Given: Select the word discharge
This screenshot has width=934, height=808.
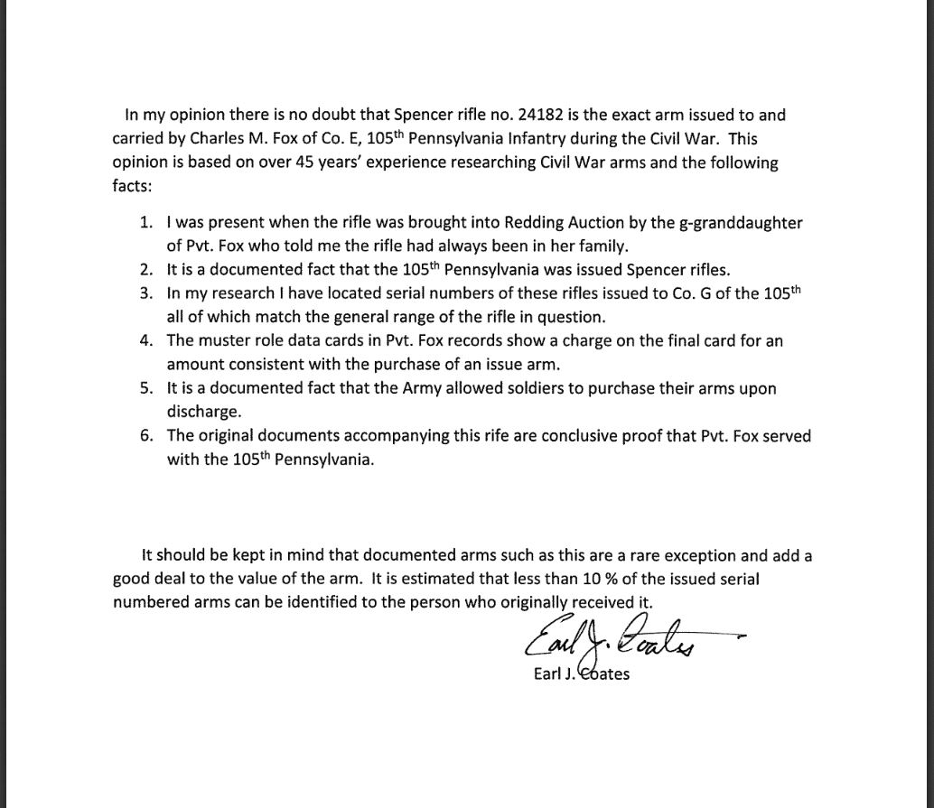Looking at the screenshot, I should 201,412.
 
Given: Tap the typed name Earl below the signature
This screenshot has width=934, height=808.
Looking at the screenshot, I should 547,673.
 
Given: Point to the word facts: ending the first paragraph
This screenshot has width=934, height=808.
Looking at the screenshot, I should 133,187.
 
